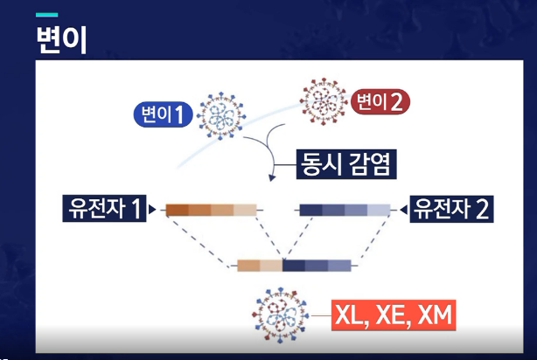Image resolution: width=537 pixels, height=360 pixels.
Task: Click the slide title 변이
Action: (x=62, y=39)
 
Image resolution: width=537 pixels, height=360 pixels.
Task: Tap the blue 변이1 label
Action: (x=164, y=114)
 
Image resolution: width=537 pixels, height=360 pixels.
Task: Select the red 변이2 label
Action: (x=379, y=102)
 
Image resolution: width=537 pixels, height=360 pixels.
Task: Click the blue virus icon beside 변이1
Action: (x=217, y=114)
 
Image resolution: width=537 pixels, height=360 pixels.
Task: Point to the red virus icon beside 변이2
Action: (x=323, y=100)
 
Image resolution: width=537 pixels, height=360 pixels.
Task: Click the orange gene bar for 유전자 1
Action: (x=210, y=210)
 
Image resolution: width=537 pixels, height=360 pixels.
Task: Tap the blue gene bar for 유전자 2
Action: (x=345, y=210)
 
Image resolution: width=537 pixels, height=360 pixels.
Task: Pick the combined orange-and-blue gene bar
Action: (x=294, y=265)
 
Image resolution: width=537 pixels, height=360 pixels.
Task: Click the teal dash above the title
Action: (x=46, y=15)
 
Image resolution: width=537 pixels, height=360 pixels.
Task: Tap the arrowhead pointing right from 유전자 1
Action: (x=155, y=210)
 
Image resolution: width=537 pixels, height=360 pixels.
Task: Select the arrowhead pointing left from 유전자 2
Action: (x=401, y=210)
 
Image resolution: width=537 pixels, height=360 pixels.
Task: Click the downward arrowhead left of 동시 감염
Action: (x=273, y=178)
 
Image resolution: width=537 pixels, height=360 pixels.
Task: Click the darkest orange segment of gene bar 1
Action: (x=176, y=210)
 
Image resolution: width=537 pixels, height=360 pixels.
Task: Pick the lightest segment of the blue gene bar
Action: (x=379, y=210)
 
